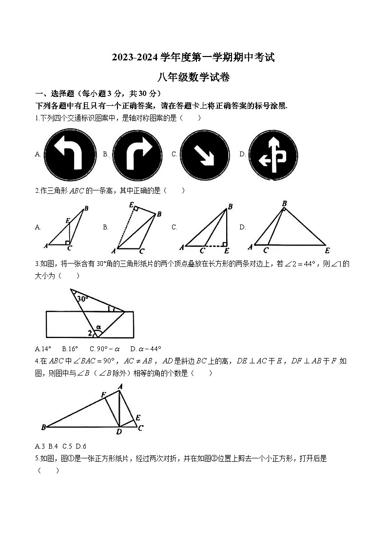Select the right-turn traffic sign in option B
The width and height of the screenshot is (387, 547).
point(137,154)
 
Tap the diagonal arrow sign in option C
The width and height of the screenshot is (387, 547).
point(205,154)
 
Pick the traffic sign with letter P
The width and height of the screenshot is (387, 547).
point(273,154)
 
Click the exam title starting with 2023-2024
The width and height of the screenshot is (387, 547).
point(193,57)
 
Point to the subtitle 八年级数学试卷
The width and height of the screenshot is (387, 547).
point(193,77)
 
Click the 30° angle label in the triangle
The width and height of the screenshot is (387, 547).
point(82,299)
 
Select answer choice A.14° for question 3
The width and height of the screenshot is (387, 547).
point(43,349)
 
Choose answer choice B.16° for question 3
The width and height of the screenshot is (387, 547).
point(70,349)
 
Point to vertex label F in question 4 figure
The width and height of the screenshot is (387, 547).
point(103,394)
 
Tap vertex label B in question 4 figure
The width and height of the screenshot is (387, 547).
point(43,427)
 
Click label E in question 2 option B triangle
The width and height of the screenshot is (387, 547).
point(131,206)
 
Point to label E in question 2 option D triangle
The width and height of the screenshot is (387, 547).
point(327,250)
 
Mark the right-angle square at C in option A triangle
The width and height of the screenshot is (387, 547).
point(68,242)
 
